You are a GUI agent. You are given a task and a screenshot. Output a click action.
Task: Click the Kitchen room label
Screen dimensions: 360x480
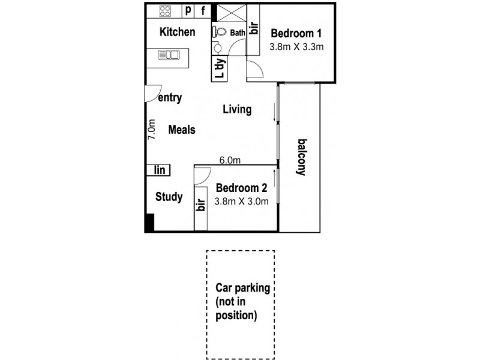[177, 32]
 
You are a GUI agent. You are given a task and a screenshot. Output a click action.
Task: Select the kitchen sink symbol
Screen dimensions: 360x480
[169, 55]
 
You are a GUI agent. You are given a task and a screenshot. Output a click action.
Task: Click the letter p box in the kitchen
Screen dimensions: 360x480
[188, 10]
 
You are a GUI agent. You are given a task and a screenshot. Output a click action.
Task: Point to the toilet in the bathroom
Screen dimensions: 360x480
[219, 32]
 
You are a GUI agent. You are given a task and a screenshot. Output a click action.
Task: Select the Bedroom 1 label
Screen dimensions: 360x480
[296, 34]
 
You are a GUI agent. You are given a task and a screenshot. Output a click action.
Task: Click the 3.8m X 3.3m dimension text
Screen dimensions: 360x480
[296, 47]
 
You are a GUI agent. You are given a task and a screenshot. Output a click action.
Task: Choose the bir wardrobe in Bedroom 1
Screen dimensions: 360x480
[253, 29]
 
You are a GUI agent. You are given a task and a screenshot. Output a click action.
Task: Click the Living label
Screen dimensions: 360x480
[237, 110]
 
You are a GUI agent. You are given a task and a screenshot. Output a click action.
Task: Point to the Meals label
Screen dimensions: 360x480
[182, 130]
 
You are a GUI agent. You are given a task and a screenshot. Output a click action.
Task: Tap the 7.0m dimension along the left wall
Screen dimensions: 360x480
[152, 129]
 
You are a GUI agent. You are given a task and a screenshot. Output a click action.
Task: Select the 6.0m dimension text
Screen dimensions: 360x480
[230, 160]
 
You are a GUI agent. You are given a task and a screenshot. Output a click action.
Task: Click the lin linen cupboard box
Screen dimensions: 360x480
[159, 170]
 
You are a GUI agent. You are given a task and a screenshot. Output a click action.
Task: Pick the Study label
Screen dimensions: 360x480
[169, 197]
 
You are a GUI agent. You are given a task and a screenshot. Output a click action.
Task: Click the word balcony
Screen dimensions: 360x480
[302, 157]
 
